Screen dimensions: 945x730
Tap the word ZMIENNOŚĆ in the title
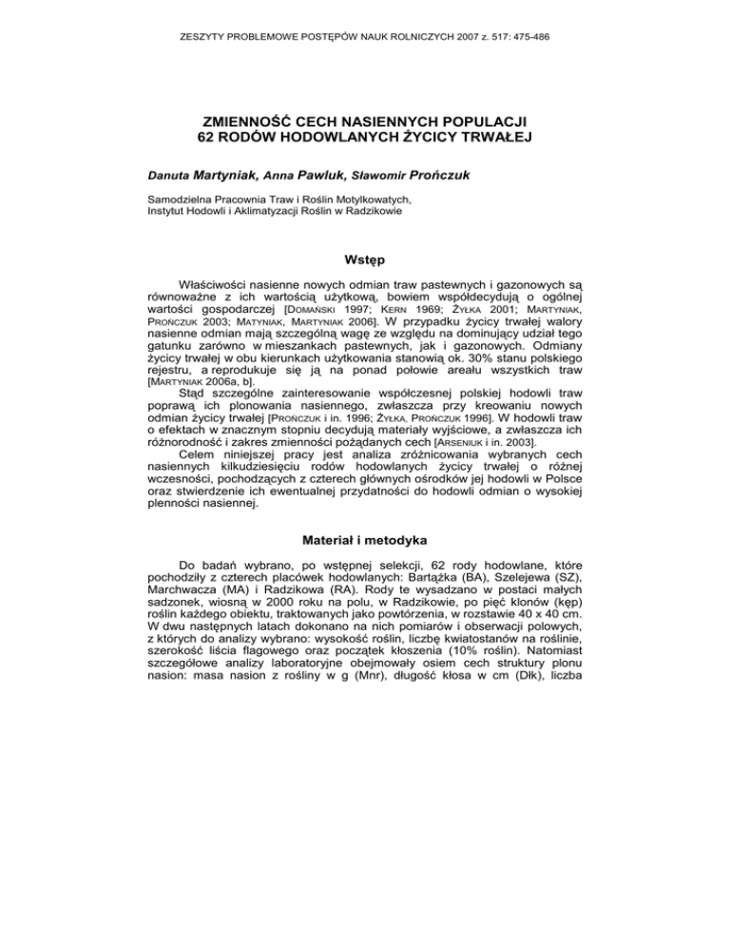pos(254,121)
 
